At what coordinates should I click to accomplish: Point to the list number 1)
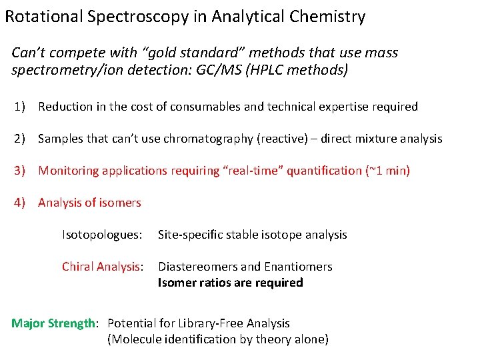[21, 107]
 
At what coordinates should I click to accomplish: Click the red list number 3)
[21, 171]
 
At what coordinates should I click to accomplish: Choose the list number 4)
[21, 203]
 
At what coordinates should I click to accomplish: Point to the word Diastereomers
[198, 267]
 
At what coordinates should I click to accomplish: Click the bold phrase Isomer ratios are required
[230, 283]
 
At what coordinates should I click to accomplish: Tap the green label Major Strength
[53, 323]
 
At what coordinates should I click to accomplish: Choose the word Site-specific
[189, 235]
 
